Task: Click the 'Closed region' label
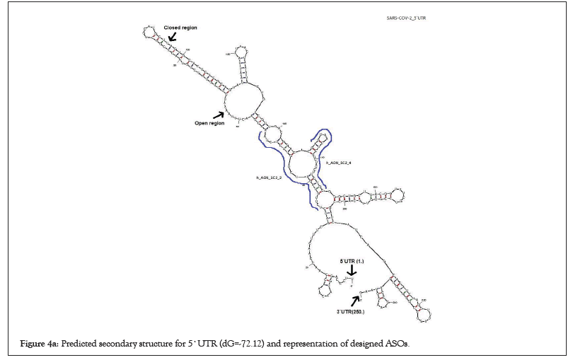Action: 180,28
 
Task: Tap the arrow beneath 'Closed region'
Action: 172,37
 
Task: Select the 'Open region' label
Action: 209,123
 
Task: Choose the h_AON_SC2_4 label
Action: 338,163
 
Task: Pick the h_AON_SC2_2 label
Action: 269,178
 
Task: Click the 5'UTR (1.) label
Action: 352,262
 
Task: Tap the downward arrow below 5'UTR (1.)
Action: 352,272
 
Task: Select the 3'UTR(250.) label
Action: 349,310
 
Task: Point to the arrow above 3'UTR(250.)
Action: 355,299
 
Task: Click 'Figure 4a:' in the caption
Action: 40,342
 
